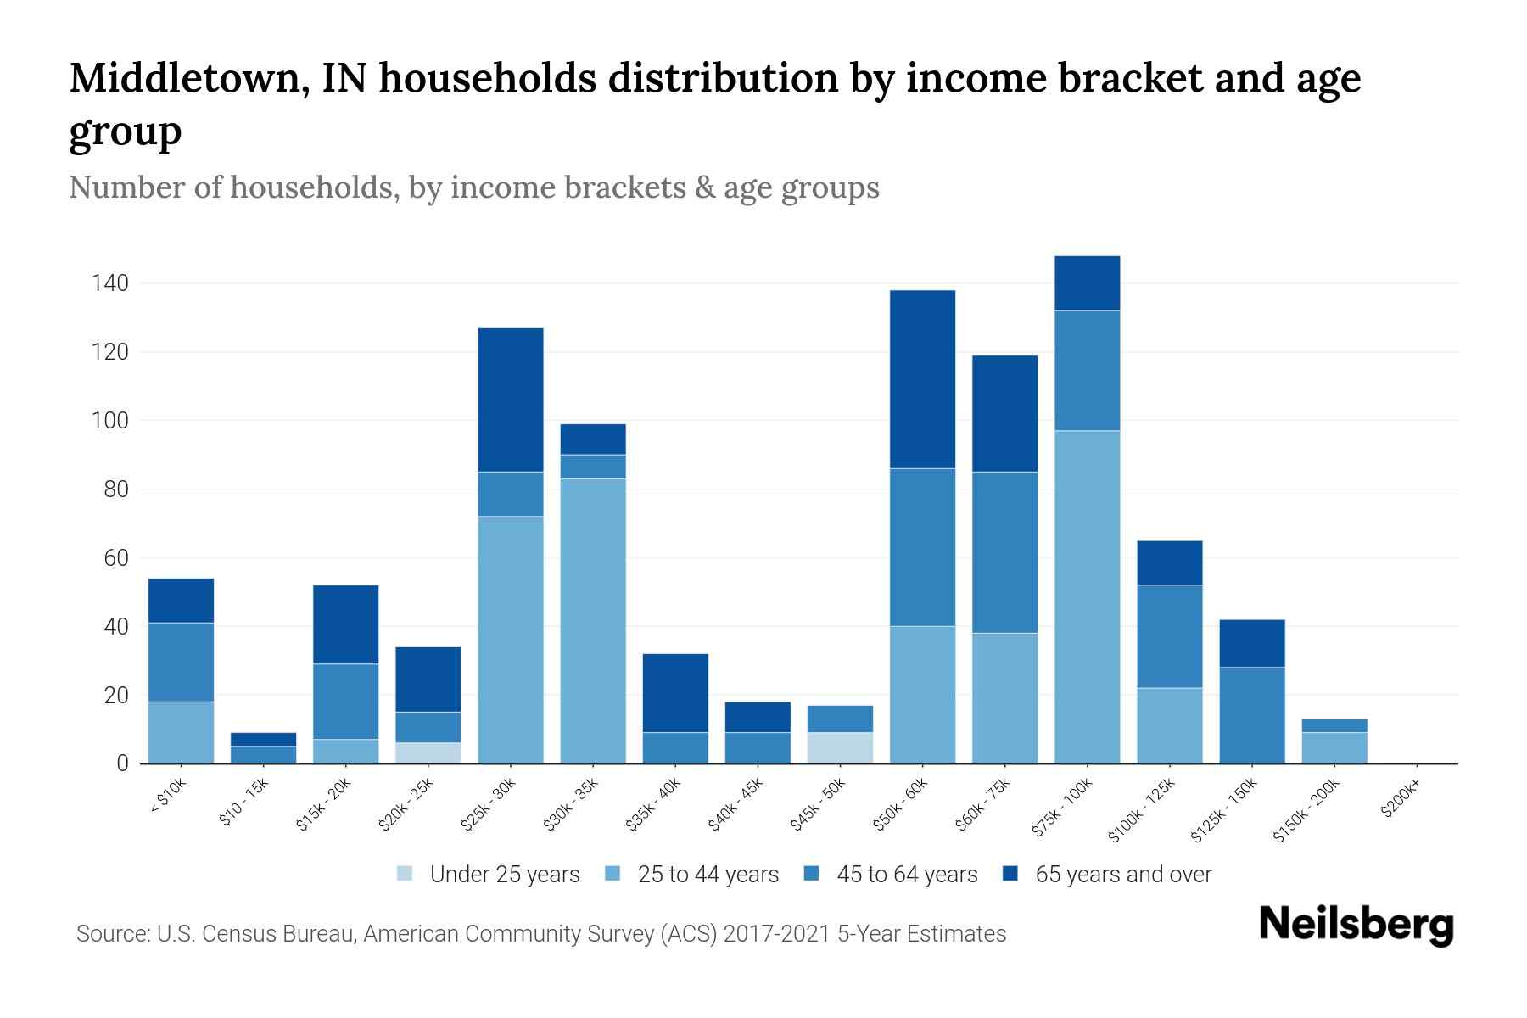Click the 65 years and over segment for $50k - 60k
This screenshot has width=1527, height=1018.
click(x=922, y=379)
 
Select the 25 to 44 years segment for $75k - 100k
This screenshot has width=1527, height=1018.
click(x=1087, y=596)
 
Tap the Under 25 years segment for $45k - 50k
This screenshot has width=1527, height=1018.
click(x=839, y=747)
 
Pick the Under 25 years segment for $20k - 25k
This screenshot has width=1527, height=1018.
click(x=428, y=753)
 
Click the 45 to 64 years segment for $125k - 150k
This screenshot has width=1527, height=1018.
click(x=1252, y=715)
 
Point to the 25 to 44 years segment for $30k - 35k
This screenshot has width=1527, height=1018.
click(x=592, y=621)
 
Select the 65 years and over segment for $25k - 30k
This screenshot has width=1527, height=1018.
click(x=510, y=400)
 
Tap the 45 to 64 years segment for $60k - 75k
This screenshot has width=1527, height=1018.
click(x=1004, y=552)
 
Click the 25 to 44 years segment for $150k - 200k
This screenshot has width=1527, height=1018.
click(x=1334, y=747)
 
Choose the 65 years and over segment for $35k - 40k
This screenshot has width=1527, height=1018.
click(x=674, y=692)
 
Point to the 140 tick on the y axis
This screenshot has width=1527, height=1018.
click(x=109, y=283)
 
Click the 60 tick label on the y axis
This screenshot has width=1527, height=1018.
click(x=116, y=558)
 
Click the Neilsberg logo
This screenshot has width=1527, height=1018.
click(x=1356, y=925)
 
